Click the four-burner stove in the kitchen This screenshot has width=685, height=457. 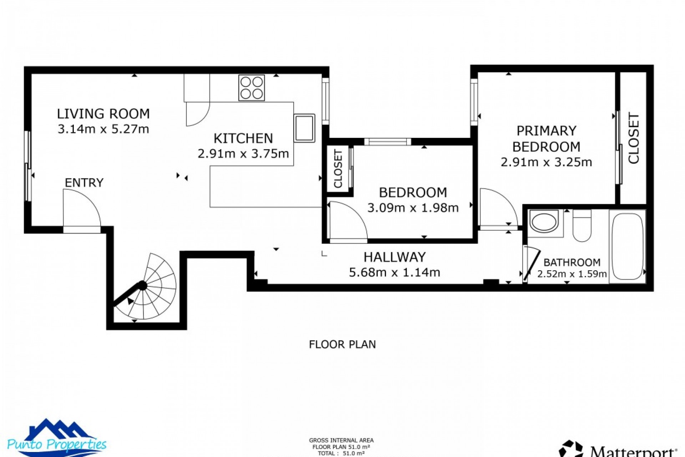coord(252,88)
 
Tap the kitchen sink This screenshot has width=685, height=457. coord(304,128)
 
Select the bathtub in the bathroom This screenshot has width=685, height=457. coord(627,246)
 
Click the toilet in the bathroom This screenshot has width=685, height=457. coord(582,225)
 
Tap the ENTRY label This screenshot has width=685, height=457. coord(84,183)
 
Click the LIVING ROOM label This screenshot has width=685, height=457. coord(103,114)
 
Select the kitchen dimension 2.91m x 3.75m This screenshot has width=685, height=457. coord(243,154)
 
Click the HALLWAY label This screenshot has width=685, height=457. coord(395,257)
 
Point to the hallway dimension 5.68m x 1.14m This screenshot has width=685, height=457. coord(395,273)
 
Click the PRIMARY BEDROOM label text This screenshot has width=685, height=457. coord(546,139)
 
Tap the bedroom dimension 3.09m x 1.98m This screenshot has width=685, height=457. coord(413,208)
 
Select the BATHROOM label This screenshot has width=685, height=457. coord(572,263)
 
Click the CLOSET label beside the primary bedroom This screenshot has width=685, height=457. coord(634,139)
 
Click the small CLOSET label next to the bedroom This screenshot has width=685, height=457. coord(338,169)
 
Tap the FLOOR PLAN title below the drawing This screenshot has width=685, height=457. coord(342,345)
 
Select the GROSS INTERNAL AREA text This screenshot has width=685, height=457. coord(341,441)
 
